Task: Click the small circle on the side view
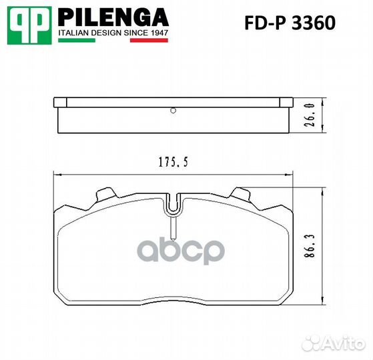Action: (x=172, y=111)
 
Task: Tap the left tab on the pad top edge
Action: (x=104, y=194)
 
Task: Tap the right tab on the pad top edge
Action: (x=240, y=194)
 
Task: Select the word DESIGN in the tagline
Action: (x=109, y=31)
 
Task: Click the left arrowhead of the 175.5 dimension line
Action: (x=56, y=175)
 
